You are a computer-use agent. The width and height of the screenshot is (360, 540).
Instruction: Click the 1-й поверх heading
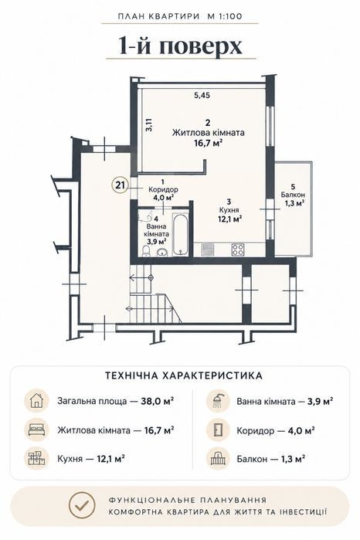coord(181,46)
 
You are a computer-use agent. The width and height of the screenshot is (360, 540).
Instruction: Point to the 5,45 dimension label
coord(202,96)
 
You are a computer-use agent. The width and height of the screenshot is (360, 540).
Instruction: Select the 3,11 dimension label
coord(149,124)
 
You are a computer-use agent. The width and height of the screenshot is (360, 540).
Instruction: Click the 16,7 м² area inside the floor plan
coord(208,142)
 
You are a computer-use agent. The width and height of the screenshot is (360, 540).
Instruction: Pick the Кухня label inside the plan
coord(229,209)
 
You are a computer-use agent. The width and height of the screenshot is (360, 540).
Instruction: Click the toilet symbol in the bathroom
coord(147,251)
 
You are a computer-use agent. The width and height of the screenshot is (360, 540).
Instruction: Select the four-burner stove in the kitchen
coord(238,249)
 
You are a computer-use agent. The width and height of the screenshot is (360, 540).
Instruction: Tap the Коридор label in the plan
coord(163,189)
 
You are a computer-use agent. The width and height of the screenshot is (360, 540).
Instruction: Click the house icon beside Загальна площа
coord(36,401)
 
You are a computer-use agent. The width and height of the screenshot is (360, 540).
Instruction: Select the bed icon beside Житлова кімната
coord(36,430)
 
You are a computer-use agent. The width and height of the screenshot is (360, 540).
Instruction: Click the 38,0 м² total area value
coord(157,401)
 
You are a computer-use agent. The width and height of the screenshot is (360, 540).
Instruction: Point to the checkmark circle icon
coord(81,505)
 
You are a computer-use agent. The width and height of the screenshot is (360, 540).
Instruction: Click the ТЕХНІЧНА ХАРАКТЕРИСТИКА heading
coord(184,375)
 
